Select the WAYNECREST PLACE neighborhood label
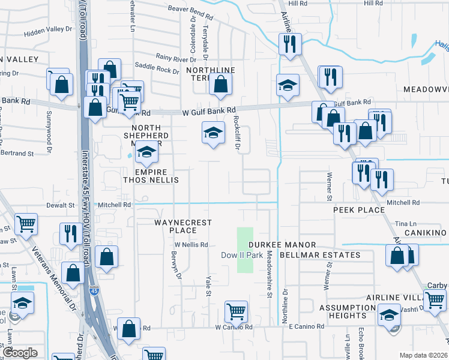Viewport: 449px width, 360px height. pyautogui.click(x=183, y=226)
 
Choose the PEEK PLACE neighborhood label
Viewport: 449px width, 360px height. pyautogui.click(x=359, y=210)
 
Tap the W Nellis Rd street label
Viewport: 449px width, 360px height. pyautogui.click(x=191, y=245)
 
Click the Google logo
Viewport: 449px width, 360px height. pyautogui.click(x=20, y=353)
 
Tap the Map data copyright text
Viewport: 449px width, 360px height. pyautogui.click(x=424, y=355)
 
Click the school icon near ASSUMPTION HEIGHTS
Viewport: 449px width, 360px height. pyautogui.click(x=389, y=314)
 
